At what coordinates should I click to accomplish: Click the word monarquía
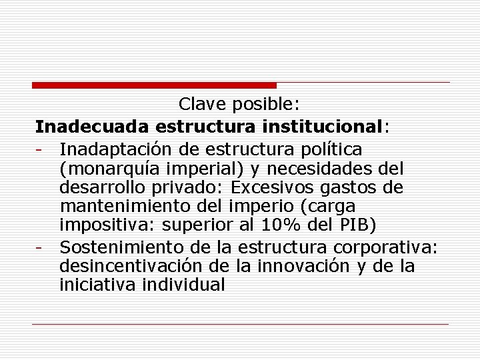[117, 167]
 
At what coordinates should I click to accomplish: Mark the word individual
[185, 285]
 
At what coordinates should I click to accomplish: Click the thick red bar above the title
[154, 85]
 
